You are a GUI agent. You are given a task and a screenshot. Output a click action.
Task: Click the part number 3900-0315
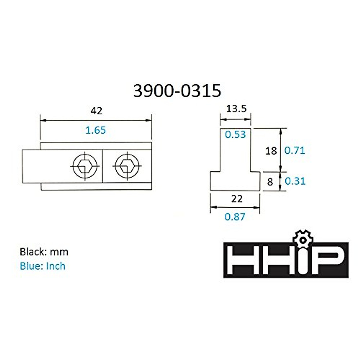click(177, 91)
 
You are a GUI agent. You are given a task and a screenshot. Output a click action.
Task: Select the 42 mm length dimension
click(96, 111)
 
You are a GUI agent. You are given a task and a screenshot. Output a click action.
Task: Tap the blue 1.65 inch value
click(95, 130)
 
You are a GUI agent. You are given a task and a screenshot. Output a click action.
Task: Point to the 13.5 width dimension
click(236, 109)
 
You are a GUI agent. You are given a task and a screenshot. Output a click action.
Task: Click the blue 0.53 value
click(235, 134)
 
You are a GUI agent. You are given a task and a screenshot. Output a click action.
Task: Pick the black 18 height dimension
click(271, 151)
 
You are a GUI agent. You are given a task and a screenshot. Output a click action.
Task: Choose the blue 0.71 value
click(295, 151)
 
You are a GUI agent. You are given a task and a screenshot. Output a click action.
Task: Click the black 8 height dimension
click(270, 182)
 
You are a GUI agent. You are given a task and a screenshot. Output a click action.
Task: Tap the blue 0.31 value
click(295, 181)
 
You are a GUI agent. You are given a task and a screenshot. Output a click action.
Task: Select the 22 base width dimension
click(237, 199)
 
